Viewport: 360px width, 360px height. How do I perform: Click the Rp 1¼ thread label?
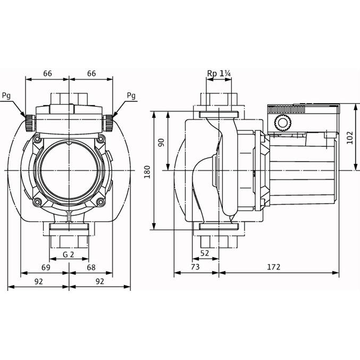click(x=219, y=73)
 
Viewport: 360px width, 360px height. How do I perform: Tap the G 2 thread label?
click(x=69, y=255)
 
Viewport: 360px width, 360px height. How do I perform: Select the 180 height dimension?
click(x=147, y=172)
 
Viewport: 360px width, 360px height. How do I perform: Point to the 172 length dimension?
click(x=274, y=267)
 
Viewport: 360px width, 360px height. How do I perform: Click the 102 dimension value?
click(x=349, y=138)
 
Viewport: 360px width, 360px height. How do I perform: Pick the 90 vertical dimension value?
click(x=162, y=143)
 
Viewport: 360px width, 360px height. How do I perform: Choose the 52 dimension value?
click(x=205, y=253)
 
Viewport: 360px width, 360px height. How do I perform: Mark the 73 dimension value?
click(x=195, y=267)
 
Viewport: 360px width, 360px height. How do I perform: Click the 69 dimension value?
click(x=46, y=267)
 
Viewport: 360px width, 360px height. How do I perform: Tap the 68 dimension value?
click(x=91, y=267)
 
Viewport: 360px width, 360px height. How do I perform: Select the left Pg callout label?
click(x=6, y=95)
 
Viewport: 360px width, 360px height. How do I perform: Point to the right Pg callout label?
click(x=131, y=95)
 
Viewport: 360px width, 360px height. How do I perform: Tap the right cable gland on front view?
click(x=108, y=123)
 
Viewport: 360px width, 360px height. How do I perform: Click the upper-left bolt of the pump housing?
click(x=37, y=139)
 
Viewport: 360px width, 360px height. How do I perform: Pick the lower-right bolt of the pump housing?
click(x=101, y=202)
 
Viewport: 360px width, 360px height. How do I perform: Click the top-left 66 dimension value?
click(x=47, y=73)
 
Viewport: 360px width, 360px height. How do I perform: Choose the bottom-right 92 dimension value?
click(x=99, y=281)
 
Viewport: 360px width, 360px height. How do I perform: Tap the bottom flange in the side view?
click(x=219, y=227)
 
